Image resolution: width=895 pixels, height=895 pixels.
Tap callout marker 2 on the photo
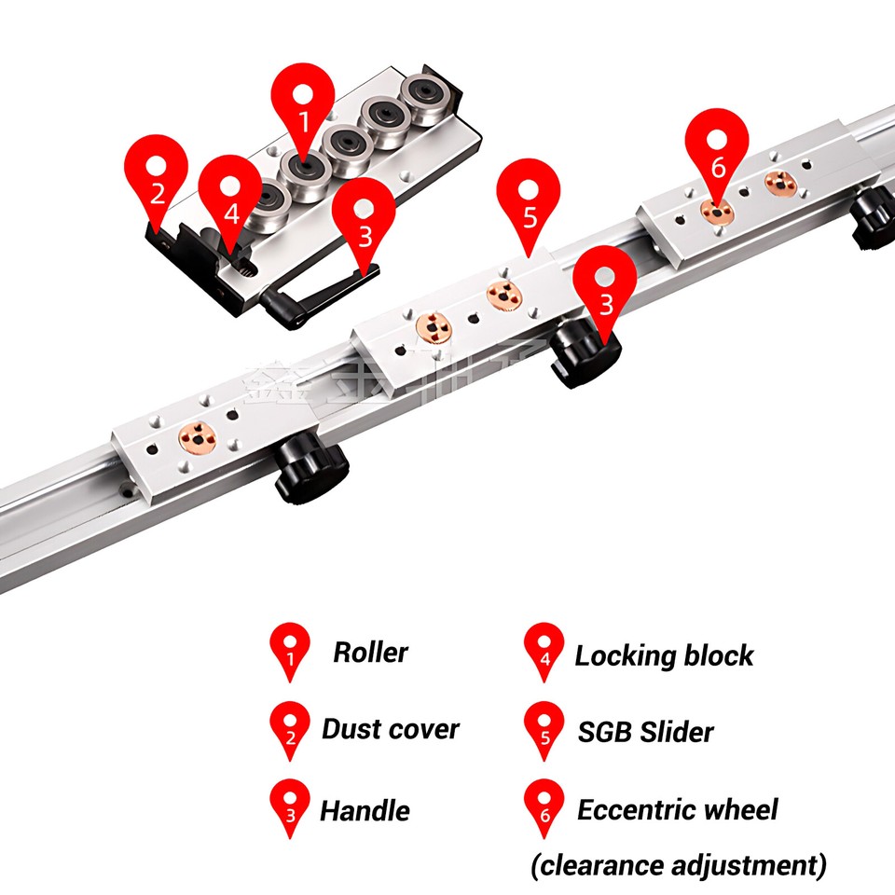point(157,180)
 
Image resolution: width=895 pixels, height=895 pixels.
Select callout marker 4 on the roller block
point(230,200)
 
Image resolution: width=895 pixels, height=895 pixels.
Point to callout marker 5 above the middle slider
point(530,205)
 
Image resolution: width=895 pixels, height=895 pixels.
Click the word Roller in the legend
point(370,653)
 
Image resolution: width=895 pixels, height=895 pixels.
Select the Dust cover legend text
point(390,729)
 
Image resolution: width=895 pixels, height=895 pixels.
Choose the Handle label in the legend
point(365,811)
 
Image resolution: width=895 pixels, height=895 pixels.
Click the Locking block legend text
point(663,655)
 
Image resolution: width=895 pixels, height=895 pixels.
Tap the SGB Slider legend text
point(645,732)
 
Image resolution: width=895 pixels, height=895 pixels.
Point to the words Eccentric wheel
point(677,809)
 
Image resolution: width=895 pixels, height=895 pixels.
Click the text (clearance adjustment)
point(678,866)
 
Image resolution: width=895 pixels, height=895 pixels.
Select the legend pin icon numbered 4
point(544,651)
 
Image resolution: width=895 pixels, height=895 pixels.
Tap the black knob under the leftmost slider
point(310,472)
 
